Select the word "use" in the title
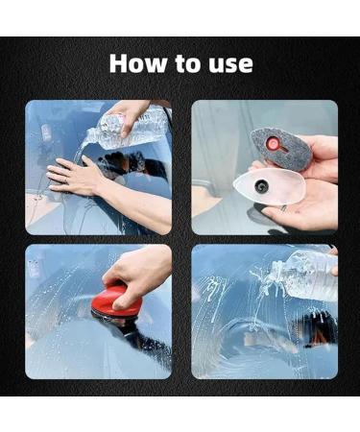(x=230, y=65)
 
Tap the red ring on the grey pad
(x=276, y=146)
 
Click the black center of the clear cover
(x=261, y=188)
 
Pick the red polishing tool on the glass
(x=116, y=302)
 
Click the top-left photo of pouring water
(x=98, y=167)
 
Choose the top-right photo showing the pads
(x=264, y=167)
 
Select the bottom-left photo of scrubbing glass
(x=98, y=311)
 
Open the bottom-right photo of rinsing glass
(x=264, y=311)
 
